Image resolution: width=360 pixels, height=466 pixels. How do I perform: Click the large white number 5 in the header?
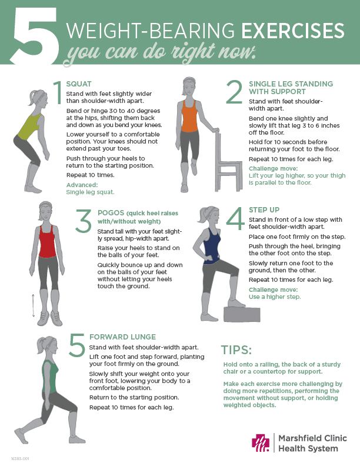[34, 36]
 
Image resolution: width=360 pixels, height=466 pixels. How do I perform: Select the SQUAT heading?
[79, 84]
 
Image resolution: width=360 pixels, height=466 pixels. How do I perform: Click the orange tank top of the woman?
[188, 115]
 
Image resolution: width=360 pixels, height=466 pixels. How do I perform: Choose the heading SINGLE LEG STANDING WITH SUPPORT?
[291, 88]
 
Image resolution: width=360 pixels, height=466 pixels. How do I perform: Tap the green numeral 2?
[234, 93]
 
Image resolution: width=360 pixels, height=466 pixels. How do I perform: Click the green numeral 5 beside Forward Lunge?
[76, 345]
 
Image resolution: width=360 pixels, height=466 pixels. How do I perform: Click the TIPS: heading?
[236, 351]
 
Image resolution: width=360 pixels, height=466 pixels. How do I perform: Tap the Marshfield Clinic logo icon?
[260, 443]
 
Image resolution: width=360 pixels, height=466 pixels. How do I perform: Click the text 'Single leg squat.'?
[90, 192]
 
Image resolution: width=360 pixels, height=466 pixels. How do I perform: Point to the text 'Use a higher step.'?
[275, 297]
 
